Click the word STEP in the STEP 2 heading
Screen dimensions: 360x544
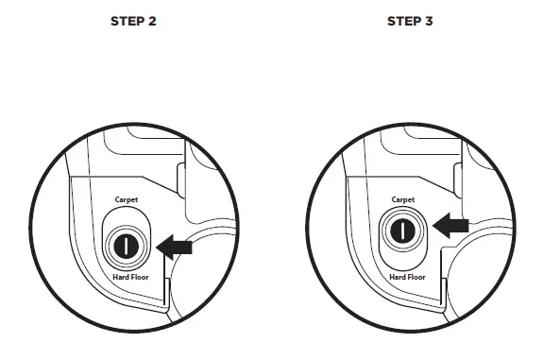click(127, 22)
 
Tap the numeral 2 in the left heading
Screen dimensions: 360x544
click(152, 22)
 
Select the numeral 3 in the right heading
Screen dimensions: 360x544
click(429, 22)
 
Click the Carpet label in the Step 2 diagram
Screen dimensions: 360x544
click(127, 200)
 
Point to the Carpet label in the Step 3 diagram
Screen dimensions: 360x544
click(403, 200)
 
